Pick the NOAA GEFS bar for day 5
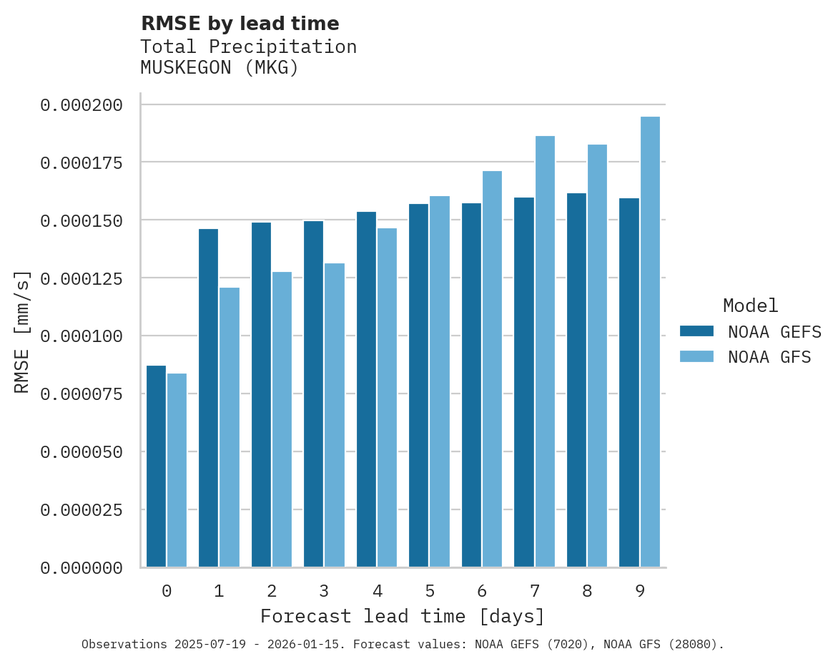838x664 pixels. [x=419, y=386]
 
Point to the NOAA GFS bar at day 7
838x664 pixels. [x=545, y=351]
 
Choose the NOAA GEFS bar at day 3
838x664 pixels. [x=313, y=394]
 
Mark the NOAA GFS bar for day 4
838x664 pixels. [x=387, y=398]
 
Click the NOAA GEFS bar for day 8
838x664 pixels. [x=576, y=380]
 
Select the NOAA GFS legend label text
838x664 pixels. [x=769, y=357]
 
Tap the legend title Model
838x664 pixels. [x=750, y=306]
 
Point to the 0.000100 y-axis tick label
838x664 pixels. [x=82, y=336]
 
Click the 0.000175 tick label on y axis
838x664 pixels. [x=82, y=162]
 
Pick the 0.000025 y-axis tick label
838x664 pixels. [x=82, y=509]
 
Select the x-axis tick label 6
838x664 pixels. [x=482, y=591]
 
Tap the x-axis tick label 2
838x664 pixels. [x=272, y=591]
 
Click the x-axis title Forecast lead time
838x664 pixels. [x=402, y=616]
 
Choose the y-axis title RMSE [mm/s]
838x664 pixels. [x=22, y=331]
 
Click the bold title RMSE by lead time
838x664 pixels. [x=240, y=24]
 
